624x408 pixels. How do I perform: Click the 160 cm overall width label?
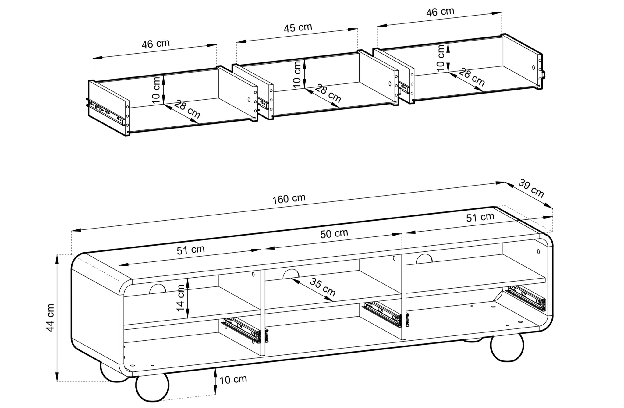click(289, 199)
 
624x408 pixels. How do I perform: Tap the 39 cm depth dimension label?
click(531, 189)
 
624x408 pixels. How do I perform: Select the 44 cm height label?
click(50, 318)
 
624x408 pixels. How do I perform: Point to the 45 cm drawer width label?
click(298, 28)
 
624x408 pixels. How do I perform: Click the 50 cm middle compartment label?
click(334, 234)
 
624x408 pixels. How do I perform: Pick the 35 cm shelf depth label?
click(323, 287)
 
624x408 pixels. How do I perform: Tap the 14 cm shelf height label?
click(180, 298)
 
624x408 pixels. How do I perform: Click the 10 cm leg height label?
click(233, 380)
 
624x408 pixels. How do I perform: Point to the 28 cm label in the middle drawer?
click(328, 94)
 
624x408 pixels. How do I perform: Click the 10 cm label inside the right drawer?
click(440, 58)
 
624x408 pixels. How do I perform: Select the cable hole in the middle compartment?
click(291, 274)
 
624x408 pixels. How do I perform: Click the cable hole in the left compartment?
click(158, 289)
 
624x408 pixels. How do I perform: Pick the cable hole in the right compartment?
click(424, 259)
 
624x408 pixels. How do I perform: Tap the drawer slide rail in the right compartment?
click(526, 298)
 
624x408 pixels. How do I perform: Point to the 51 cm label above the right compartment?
click(480, 217)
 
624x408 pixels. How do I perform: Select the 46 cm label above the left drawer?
click(155, 44)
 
